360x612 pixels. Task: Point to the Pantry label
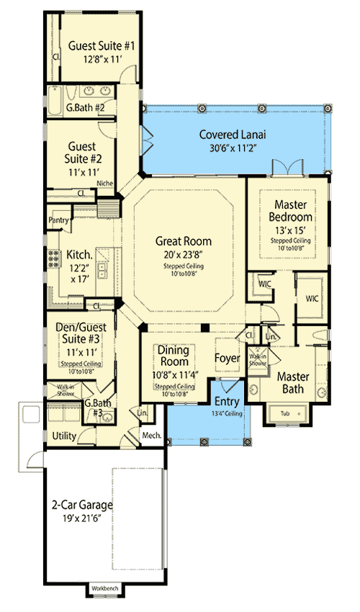(x=58, y=219)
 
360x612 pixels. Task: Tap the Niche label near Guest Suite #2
(x=105, y=183)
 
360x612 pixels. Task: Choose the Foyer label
(x=227, y=356)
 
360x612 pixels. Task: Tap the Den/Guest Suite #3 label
(x=81, y=338)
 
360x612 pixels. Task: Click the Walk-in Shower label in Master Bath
(x=257, y=359)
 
